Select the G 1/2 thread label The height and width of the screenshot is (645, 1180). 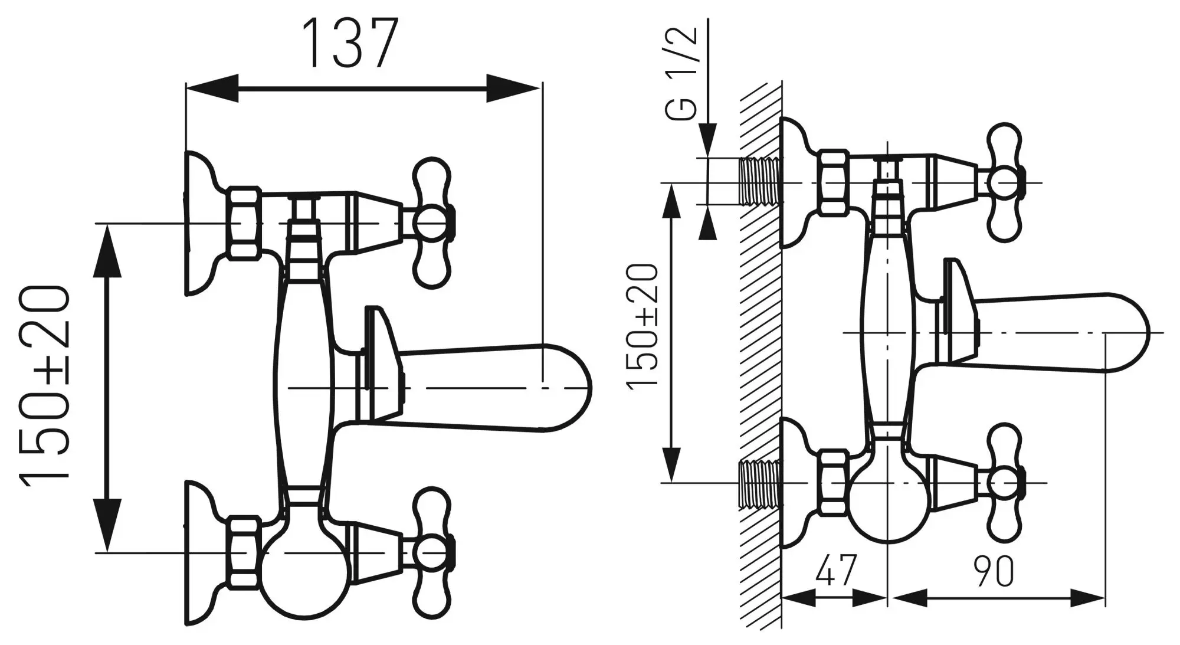click(x=684, y=74)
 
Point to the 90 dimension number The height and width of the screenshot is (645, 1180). click(x=995, y=571)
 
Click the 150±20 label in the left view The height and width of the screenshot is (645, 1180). click(x=45, y=387)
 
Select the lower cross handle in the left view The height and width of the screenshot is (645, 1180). click(x=434, y=552)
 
